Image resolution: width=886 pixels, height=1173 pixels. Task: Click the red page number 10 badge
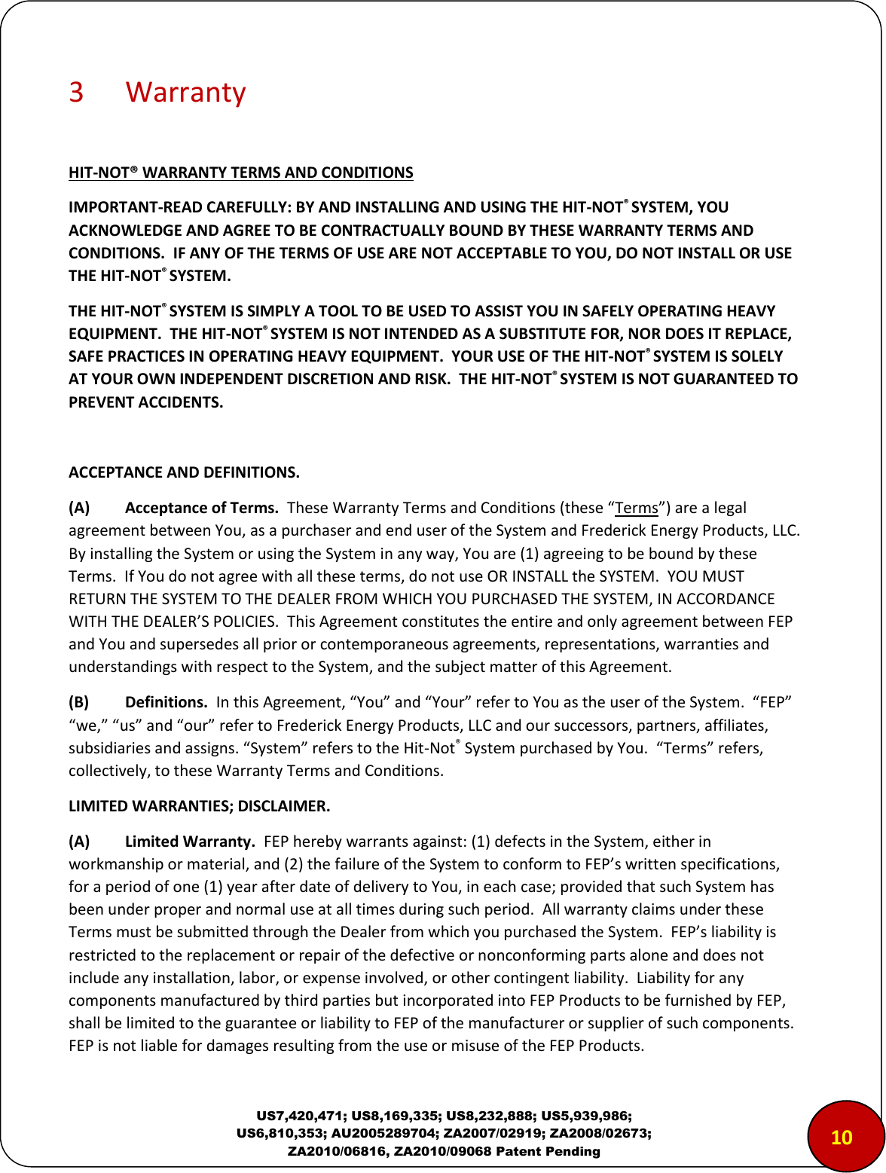[841, 1137]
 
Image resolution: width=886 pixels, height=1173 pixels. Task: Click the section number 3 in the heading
[76, 92]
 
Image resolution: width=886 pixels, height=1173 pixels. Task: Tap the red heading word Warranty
[185, 92]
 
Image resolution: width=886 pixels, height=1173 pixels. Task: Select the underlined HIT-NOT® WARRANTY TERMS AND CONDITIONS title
[240, 173]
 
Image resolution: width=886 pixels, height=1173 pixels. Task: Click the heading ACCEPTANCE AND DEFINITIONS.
[184, 472]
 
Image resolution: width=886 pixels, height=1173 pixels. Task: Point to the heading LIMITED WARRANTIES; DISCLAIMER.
[199, 806]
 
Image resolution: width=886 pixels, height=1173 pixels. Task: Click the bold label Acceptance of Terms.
[201, 508]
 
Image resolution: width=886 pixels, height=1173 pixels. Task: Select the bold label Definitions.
[166, 702]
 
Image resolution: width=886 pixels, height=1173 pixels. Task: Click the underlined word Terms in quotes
[637, 508]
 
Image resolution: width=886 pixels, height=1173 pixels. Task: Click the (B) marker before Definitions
[79, 702]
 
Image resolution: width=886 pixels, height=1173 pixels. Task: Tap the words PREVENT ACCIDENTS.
[145, 402]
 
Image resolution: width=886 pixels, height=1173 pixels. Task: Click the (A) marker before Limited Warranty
[79, 842]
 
